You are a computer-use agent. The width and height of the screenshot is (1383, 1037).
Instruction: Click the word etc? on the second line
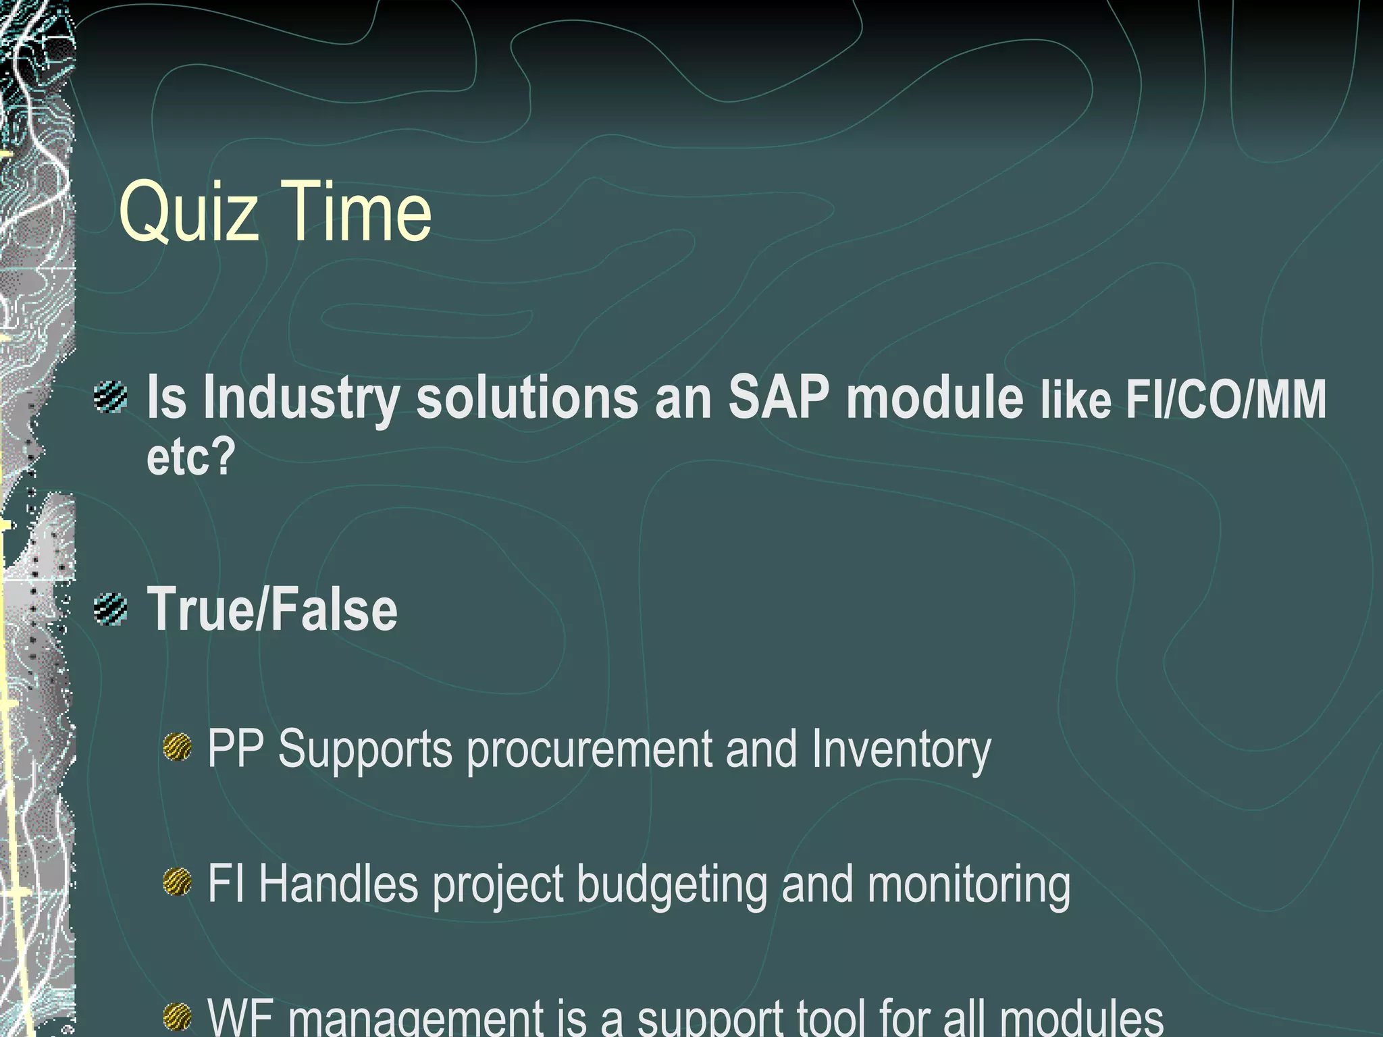[191, 456]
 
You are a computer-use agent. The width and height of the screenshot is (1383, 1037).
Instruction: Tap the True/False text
[272, 609]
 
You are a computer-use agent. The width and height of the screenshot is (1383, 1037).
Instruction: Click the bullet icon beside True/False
[110, 608]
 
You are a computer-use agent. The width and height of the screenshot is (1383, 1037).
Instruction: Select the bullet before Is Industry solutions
[110, 396]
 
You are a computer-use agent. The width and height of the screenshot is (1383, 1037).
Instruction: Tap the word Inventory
[901, 750]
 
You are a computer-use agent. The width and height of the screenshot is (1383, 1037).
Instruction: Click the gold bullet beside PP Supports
[178, 747]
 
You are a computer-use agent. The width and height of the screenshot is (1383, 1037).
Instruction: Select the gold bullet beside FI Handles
[178, 882]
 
